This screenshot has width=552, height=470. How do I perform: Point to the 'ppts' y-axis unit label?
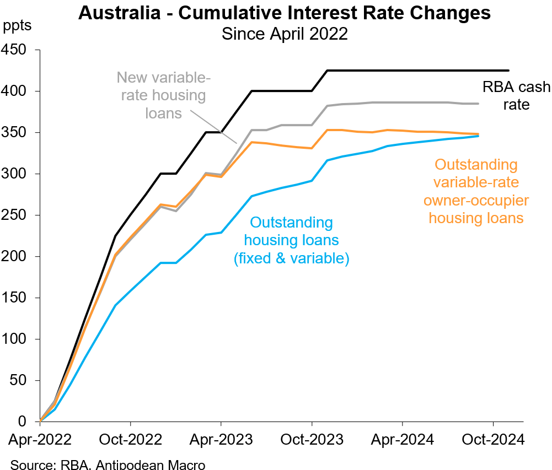click(x=18, y=25)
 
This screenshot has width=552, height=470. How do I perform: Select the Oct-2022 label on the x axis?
click(x=130, y=440)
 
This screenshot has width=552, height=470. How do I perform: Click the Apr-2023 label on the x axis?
click(x=221, y=440)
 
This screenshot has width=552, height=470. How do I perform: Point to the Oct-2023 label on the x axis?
click(x=312, y=440)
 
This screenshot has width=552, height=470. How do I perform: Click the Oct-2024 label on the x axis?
click(x=492, y=440)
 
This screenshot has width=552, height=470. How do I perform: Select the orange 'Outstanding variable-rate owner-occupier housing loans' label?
click(x=476, y=191)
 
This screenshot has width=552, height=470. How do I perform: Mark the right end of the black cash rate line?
click(x=508, y=71)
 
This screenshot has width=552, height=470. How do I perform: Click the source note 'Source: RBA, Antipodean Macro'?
click(x=108, y=464)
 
